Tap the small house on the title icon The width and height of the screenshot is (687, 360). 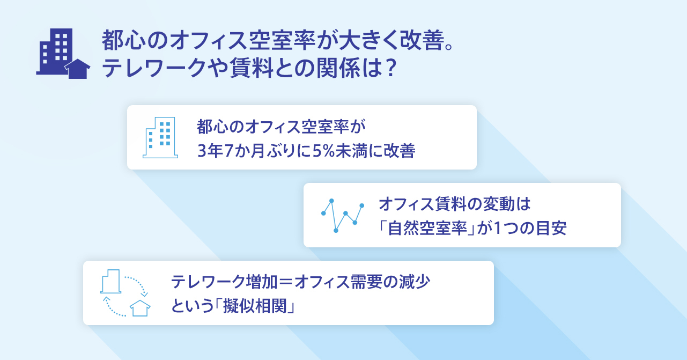[77, 69]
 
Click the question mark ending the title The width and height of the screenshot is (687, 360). [390, 68]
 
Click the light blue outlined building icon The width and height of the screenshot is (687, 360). [160, 137]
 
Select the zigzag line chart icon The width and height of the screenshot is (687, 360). [343, 216]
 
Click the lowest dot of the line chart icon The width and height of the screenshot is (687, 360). [336, 231]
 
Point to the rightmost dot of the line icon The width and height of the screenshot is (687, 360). [362, 205]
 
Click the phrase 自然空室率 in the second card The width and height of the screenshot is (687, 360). [427, 229]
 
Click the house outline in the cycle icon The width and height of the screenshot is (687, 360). [140, 308]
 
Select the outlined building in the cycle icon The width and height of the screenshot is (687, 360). [110, 281]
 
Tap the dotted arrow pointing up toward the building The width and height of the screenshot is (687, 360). [113, 307]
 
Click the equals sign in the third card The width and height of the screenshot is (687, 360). [286, 282]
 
